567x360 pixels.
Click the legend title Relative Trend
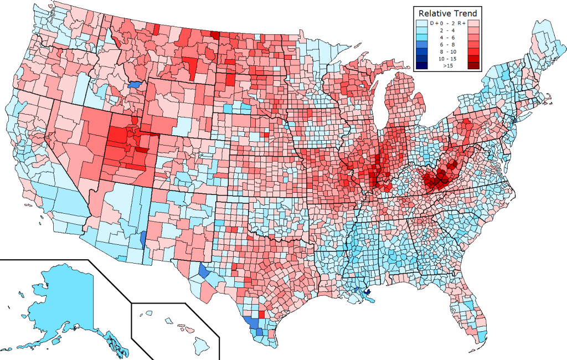[x=448, y=13]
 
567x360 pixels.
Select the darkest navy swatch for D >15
[x=422, y=65]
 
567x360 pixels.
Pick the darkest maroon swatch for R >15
[x=473, y=65]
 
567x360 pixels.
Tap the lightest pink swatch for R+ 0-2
[x=473, y=23]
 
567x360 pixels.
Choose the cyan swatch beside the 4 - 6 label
[x=422, y=38]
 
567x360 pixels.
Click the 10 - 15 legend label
[x=447, y=59]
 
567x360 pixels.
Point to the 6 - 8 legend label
[x=447, y=44]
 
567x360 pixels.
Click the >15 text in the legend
[x=448, y=65]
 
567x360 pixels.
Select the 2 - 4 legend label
[x=447, y=30]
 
